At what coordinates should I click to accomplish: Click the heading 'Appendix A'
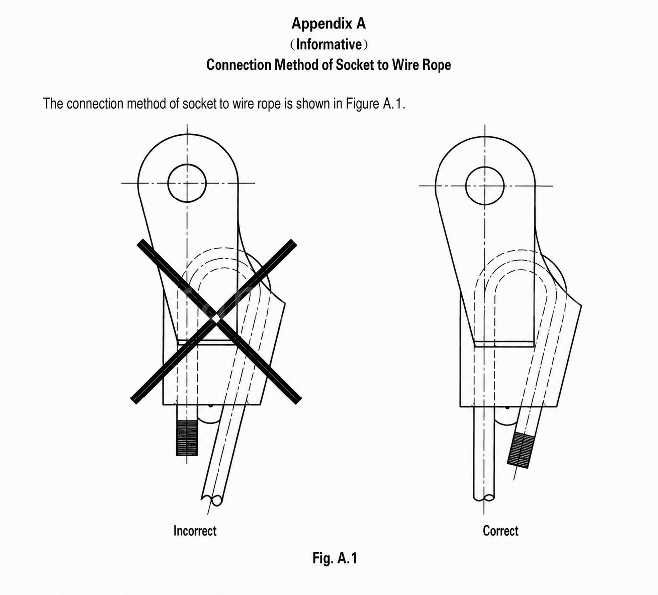coord(329,24)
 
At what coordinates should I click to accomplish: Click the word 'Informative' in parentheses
coord(329,44)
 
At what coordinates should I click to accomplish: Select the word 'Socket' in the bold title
coord(355,65)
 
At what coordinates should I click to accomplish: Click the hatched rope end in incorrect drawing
coord(187,438)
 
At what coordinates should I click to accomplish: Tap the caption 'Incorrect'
coord(195,530)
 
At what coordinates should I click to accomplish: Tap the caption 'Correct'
coord(500,530)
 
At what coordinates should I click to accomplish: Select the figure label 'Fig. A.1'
coord(335,558)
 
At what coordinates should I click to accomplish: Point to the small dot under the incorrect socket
coord(211,406)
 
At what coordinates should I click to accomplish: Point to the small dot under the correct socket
coord(507,408)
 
